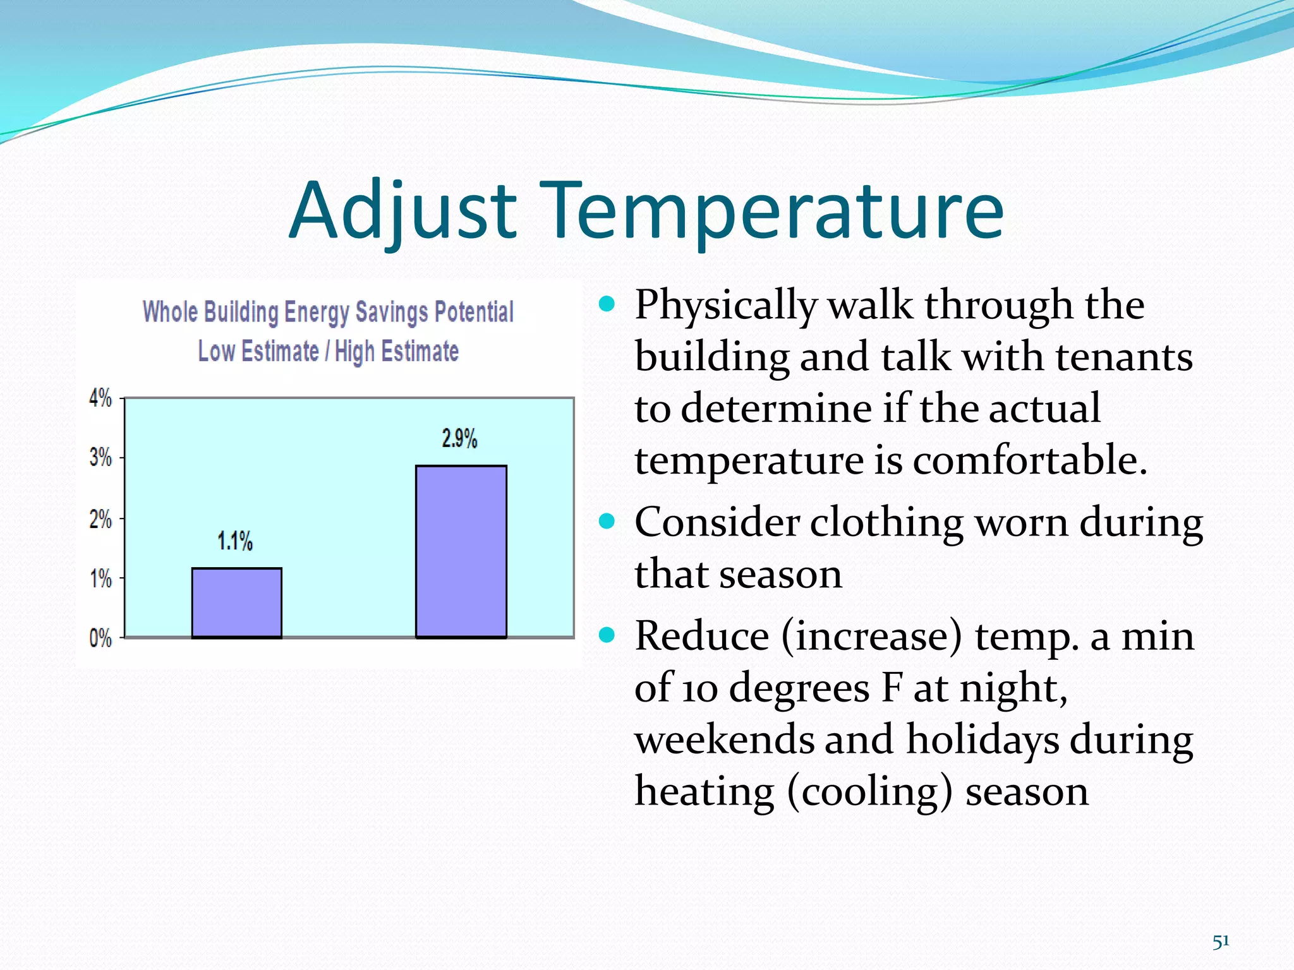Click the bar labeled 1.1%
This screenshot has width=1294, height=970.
(237, 603)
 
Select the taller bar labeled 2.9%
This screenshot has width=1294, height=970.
(461, 551)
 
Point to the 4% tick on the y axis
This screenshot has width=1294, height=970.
(100, 398)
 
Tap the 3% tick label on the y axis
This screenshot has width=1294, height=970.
(100, 457)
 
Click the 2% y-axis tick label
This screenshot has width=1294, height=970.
(100, 519)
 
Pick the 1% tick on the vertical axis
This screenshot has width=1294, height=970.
(100, 578)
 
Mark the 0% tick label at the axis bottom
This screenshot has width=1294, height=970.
(100, 638)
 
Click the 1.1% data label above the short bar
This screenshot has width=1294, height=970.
(235, 541)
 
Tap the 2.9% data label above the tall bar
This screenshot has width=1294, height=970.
(459, 438)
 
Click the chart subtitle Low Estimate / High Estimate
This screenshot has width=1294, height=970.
(328, 351)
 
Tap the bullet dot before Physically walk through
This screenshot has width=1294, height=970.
(607, 304)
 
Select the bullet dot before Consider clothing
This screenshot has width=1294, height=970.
(607, 522)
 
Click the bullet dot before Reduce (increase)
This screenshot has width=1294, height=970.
(607, 635)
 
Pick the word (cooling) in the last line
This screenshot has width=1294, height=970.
(869, 791)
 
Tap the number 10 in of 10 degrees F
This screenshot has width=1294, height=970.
(699, 688)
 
